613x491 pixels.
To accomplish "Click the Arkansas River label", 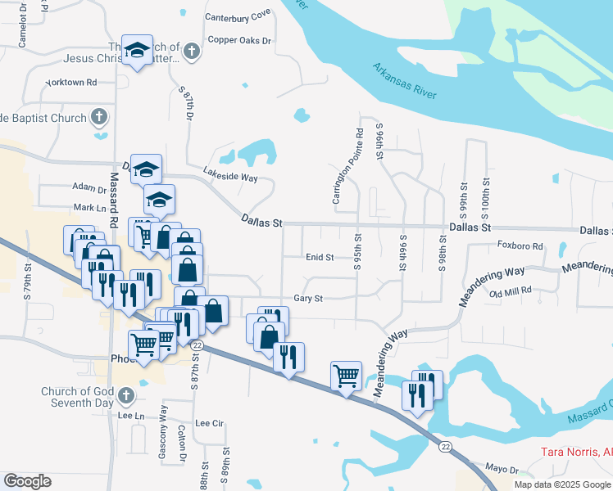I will click(x=404, y=81).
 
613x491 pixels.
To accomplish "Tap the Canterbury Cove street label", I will click(x=238, y=16).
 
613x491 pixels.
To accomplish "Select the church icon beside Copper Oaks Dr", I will click(x=192, y=52).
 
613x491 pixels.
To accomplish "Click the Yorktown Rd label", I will click(x=70, y=83).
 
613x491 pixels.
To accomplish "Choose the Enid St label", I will click(x=319, y=257).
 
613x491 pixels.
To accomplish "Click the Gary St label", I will click(x=308, y=300).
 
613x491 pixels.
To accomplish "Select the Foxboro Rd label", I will click(x=520, y=245).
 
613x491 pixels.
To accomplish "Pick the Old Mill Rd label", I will click(x=511, y=291).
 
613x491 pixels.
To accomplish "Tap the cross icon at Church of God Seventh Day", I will click(x=125, y=397).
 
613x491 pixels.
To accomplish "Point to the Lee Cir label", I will click(x=209, y=424).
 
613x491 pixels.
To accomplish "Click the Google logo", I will click(x=27, y=481).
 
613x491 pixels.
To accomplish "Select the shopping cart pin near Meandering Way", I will click(x=346, y=376).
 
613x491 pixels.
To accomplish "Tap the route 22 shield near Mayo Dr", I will click(x=445, y=446).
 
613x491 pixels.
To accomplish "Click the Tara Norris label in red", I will click(x=576, y=452).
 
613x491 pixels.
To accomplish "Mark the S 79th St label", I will click(x=27, y=281).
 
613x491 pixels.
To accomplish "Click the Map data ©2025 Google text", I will click(x=562, y=484).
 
